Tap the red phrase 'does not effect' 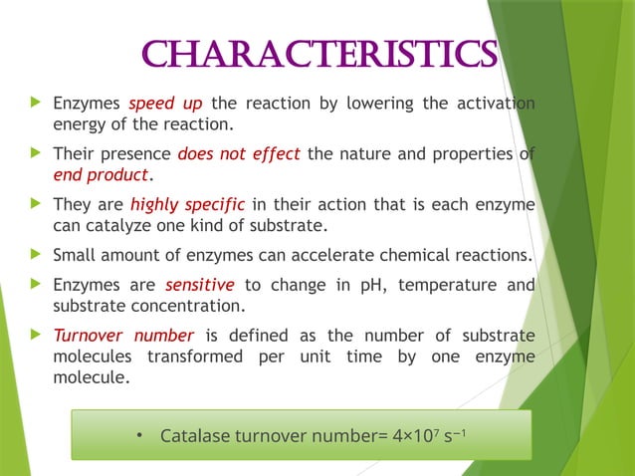[239, 154]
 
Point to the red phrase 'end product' [101, 175]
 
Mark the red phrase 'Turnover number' [123, 336]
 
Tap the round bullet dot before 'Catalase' [140, 435]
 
